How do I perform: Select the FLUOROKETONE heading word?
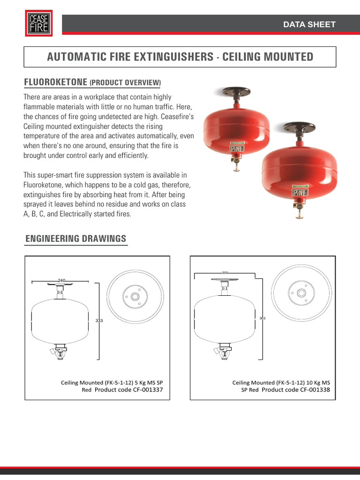click(x=55, y=82)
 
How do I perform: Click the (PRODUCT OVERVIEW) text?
click(x=125, y=83)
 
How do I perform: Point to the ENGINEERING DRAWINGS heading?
click(x=75, y=239)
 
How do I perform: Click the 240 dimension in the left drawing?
click(x=61, y=280)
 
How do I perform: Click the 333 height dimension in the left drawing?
click(x=99, y=321)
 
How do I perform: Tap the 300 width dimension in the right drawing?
click(x=225, y=273)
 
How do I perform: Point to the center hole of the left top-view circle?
click(x=135, y=296)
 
